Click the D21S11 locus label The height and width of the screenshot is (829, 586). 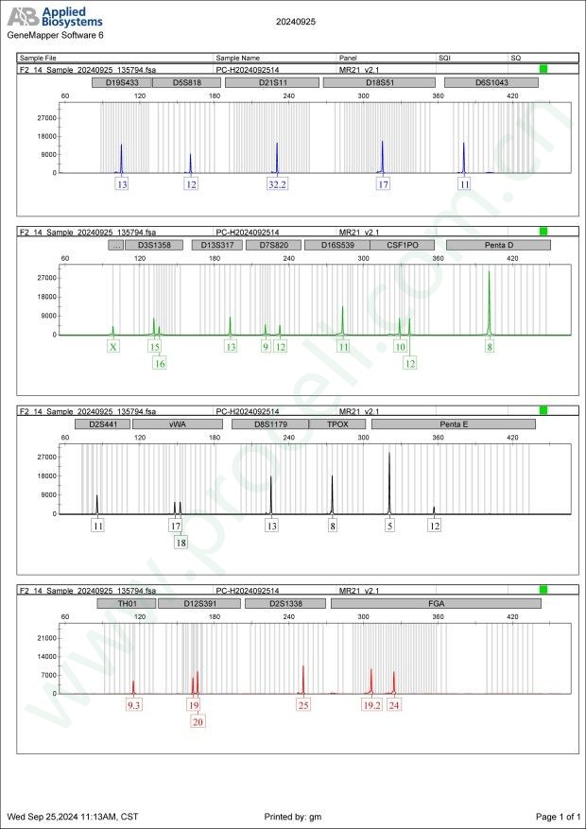coord(273,82)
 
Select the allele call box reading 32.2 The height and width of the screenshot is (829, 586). coord(277,184)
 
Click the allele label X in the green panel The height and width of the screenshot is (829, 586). coord(113,347)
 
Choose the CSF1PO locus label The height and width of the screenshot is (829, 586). coord(402,244)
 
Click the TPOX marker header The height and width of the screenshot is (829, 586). coord(337,424)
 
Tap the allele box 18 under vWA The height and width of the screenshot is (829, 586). coord(181,543)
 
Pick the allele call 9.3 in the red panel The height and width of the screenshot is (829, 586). coord(133,704)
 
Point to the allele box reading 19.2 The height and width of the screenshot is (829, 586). coord(371,704)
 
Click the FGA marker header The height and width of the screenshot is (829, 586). coord(436,602)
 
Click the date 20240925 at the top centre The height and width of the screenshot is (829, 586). coord(296,20)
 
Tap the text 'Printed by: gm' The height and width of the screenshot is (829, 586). coord(295,816)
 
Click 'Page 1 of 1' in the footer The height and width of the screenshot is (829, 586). coord(557,816)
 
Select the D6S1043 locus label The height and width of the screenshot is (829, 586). coord(491,82)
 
